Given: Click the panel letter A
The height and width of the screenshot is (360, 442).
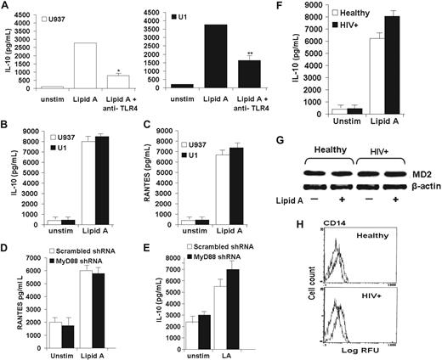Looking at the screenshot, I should coord(6,7).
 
